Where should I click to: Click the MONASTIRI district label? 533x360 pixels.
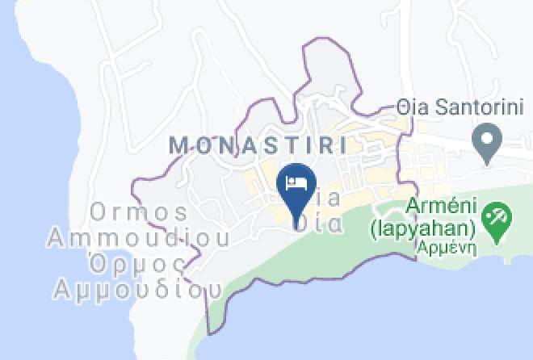(x=258, y=145)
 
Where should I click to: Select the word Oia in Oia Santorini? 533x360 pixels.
(x=410, y=107)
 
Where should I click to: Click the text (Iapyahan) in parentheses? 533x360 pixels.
(x=423, y=231)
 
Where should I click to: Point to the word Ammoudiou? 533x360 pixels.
(x=138, y=239)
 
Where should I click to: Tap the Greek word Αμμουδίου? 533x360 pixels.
(x=137, y=288)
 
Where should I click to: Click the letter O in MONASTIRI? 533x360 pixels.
(x=203, y=145)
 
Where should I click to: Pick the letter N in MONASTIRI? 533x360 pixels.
(x=225, y=145)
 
